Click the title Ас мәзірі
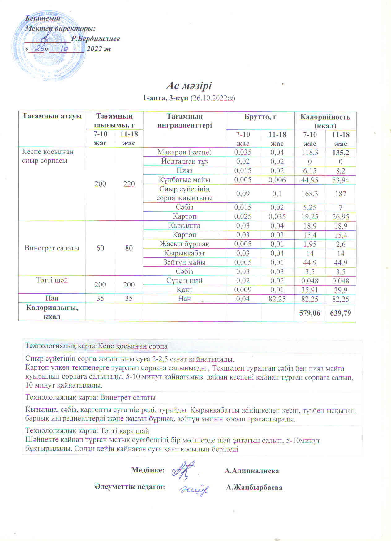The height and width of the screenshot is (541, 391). [x=189, y=86]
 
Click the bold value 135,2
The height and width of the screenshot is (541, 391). [x=341, y=153]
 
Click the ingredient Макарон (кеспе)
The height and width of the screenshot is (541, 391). [x=184, y=152]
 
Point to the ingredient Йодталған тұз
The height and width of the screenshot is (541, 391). [x=184, y=161]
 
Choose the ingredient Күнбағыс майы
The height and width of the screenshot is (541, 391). [x=184, y=180]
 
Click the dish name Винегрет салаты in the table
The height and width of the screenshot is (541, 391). [x=52, y=248]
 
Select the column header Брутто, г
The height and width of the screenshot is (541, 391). [x=260, y=117]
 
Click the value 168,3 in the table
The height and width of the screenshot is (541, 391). [x=310, y=194]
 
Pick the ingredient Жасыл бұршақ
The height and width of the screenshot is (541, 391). [x=184, y=244]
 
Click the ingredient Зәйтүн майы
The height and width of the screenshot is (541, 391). [x=184, y=262]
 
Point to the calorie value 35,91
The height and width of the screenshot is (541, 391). [x=310, y=290]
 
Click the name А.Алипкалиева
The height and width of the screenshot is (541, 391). [x=252, y=471]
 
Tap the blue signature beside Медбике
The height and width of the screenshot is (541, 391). [x=184, y=470]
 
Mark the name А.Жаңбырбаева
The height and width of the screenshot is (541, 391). [x=254, y=487]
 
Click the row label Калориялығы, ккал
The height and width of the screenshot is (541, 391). [x=52, y=312]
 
